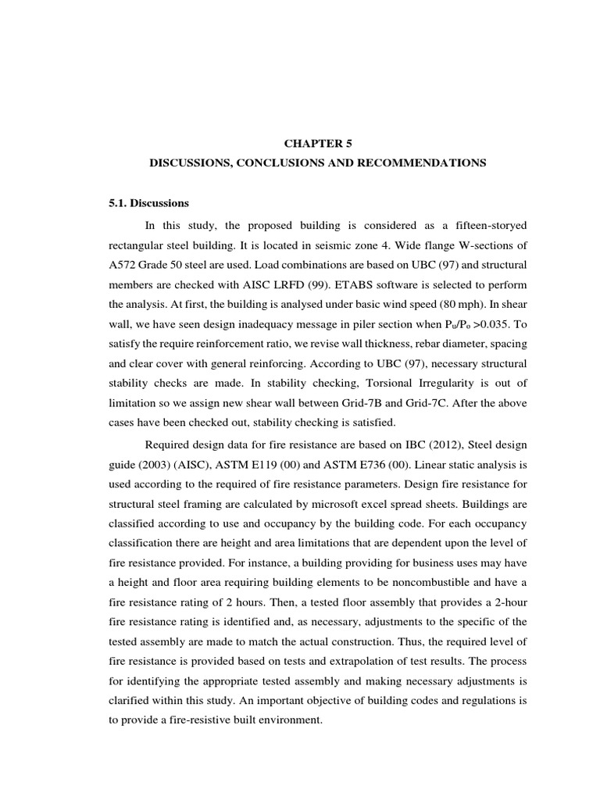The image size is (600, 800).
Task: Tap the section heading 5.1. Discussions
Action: coord(149,203)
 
